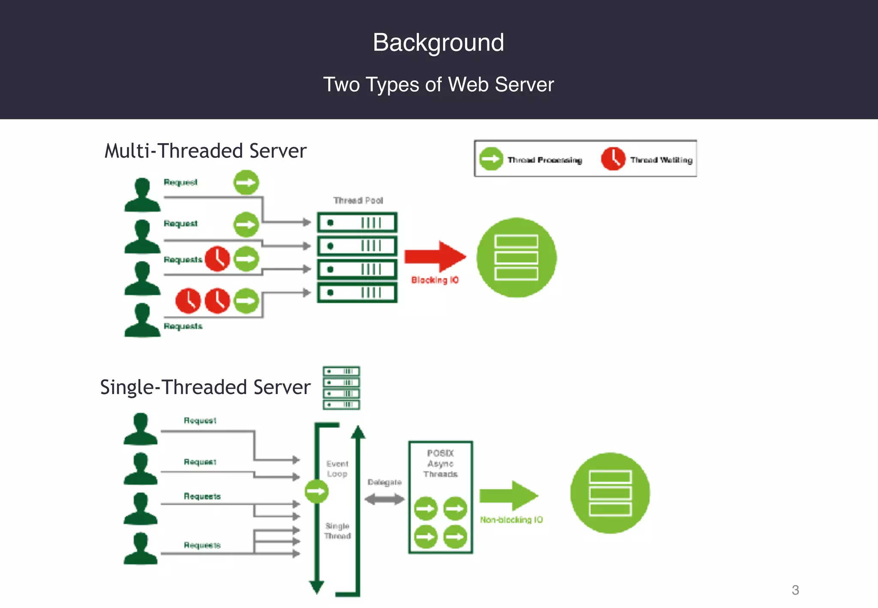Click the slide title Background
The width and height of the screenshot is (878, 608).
point(438,43)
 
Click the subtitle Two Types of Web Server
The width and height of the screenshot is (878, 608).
point(438,84)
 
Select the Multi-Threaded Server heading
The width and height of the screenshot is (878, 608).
point(205,151)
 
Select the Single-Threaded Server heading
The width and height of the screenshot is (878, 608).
point(205,387)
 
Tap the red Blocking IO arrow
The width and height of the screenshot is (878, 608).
point(435,256)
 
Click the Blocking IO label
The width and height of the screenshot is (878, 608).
point(435,280)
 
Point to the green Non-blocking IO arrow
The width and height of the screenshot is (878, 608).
point(508,496)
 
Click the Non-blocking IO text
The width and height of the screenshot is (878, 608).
point(511,520)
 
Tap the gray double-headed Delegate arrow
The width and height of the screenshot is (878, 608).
point(384,499)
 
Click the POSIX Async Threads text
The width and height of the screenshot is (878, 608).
point(440,464)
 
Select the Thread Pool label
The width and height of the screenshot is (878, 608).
point(358,201)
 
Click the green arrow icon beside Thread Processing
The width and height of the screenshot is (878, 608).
point(490,159)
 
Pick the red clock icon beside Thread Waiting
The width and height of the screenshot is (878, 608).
point(613,159)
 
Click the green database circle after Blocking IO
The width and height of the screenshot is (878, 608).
point(516,257)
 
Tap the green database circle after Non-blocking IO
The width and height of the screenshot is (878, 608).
point(610,493)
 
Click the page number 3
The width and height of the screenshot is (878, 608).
point(795,590)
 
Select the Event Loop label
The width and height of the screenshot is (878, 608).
point(337,469)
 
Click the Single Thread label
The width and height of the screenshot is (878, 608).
point(337,531)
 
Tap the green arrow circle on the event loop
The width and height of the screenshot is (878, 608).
point(316,491)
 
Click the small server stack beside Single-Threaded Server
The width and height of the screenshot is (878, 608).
point(341,388)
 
